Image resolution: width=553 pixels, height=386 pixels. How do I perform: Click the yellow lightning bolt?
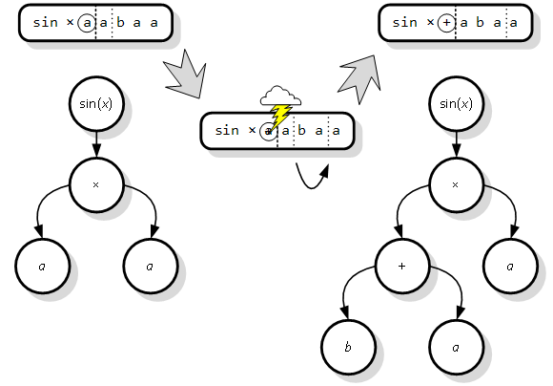(280, 117)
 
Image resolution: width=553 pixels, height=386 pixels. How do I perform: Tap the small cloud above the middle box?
(280, 96)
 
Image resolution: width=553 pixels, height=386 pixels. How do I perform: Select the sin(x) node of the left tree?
(96, 104)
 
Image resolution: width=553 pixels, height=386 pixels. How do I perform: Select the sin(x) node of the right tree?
(456, 104)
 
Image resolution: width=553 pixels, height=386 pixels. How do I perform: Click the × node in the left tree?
(96, 184)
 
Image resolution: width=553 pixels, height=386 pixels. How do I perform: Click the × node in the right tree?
(456, 184)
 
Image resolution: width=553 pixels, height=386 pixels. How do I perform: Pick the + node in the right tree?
(402, 267)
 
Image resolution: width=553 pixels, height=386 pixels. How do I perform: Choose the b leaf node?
(348, 347)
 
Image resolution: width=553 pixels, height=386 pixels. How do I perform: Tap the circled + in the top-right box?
(446, 23)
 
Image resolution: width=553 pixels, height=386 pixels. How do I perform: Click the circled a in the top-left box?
(87, 23)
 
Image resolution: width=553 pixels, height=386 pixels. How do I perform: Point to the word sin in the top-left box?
(45, 23)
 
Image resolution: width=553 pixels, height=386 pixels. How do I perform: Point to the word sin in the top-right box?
(405, 23)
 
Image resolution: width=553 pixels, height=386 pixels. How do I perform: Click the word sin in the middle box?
(227, 131)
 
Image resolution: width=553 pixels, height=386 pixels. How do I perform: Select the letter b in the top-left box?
(121, 23)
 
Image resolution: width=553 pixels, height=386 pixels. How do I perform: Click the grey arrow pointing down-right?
(185, 75)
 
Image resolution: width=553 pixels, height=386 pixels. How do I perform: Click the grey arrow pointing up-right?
(360, 79)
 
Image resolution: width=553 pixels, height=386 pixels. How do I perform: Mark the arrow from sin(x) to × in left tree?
(96, 144)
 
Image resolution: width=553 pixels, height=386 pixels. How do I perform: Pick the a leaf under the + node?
(457, 347)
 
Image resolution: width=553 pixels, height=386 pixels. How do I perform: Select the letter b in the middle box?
(301, 131)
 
